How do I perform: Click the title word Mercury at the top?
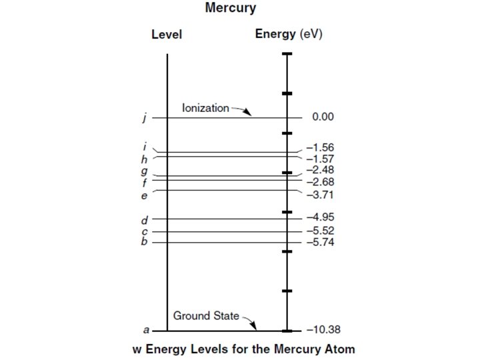[x=231, y=9]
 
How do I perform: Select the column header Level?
[x=167, y=35]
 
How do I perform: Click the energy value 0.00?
[x=323, y=117]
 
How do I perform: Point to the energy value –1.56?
[x=320, y=147]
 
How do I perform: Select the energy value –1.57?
[x=320, y=159]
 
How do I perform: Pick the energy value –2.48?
[x=320, y=171]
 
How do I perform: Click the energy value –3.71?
[x=320, y=195]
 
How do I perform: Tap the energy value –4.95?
[x=320, y=217]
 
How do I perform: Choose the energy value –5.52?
[x=320, y=231]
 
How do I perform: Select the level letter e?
[x=144, y=195]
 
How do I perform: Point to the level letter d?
[x=144, y=219]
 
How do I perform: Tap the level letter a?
[x=146, y=330]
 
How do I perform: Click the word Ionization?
[x=205, y=107]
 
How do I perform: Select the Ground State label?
[x=206, y=315]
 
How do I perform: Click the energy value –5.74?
[x=320, y=242]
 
